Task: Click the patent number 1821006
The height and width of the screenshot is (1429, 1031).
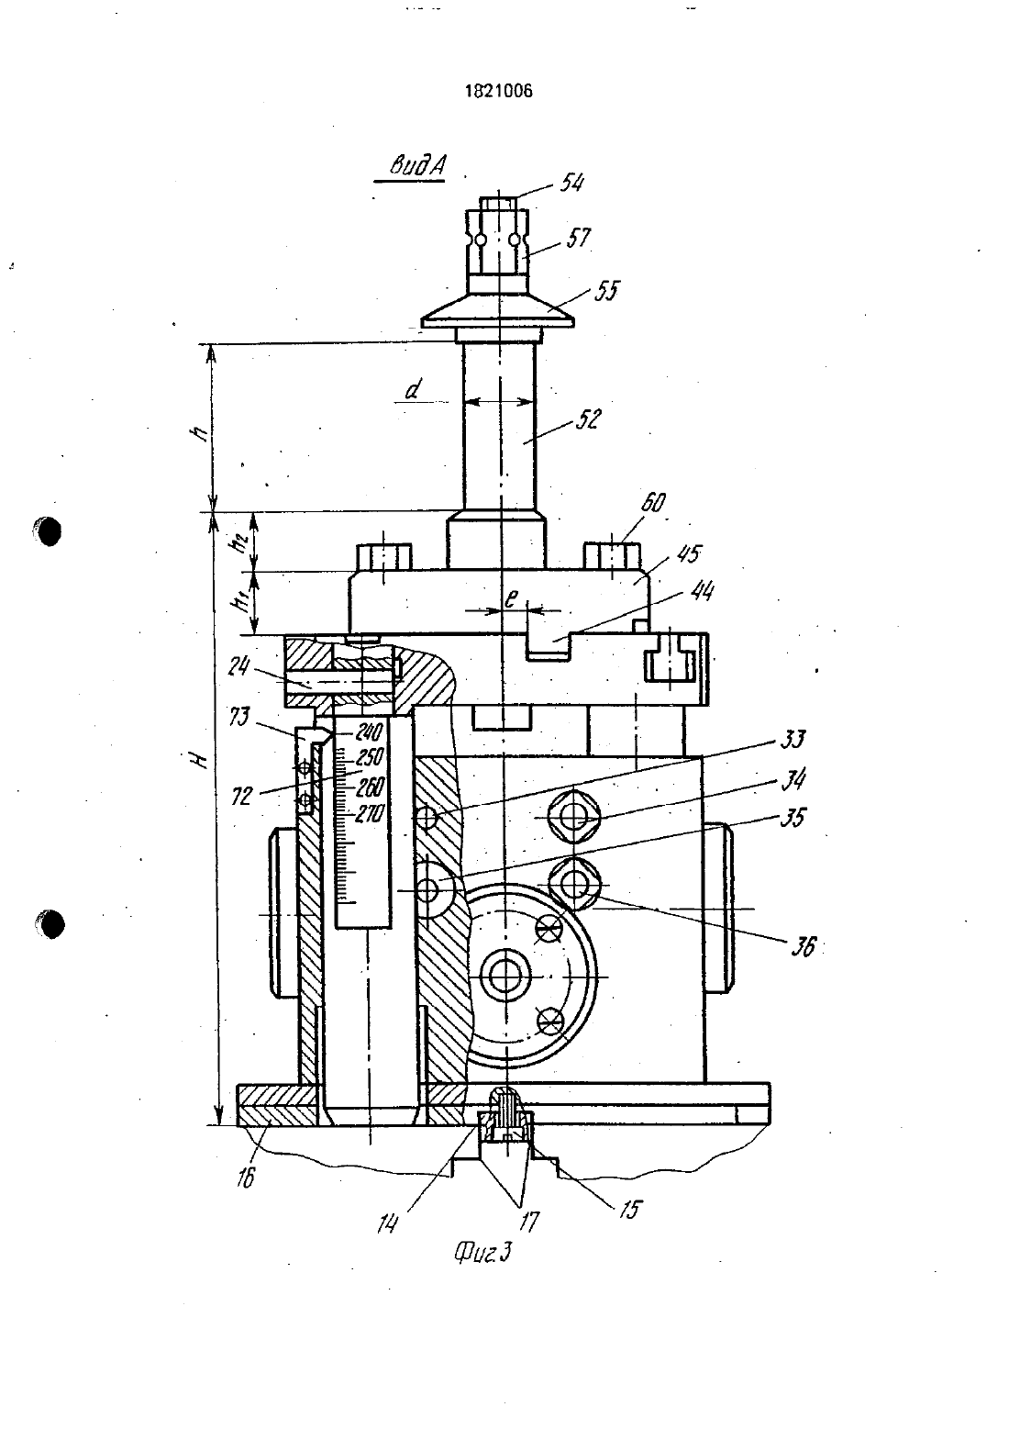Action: tap(498, 91)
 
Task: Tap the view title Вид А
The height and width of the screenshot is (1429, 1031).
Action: tap(417, 166)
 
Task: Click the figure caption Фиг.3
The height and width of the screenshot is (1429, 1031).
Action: tap(483, 1254)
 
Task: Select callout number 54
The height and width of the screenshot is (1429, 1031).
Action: tap(572, 183)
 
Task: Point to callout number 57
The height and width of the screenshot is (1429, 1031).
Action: tap(578, 238)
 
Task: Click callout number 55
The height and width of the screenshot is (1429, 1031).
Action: tap(606, 291)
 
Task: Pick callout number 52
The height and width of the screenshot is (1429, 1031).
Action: tap(588, 419)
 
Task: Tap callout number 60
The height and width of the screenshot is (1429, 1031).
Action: tap(652, 503)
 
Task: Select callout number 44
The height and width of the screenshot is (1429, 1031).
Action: tap(702, 591)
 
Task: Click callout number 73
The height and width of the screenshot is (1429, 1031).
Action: tap(239, 719)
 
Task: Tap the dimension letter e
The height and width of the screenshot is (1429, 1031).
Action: tap(511, 598)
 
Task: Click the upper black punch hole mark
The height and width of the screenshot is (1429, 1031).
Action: tap(47, 530)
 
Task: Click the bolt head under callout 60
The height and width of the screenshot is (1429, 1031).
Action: tap(611, 555)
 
